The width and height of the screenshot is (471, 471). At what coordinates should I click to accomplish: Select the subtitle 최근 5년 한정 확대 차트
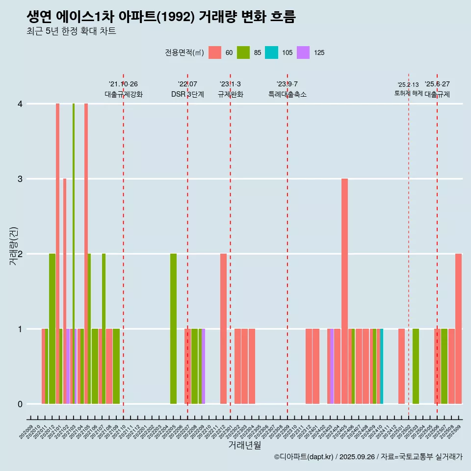(x=71, y=32)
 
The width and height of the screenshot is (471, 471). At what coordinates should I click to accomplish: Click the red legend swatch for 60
(x=215, y=52)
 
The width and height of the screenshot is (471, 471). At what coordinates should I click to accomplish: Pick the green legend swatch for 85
(x=243, y=52)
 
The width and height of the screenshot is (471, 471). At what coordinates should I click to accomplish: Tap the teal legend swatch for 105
(x=271, y=52)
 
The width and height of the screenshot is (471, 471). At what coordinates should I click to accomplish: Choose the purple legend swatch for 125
(x=303, y=52)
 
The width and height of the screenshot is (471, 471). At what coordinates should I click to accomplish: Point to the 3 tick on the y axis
(x=20, y=179)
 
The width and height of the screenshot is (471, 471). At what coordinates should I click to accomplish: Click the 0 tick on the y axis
(x=20, y=404)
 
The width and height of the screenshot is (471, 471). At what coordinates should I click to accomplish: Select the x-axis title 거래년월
(x=244, y=445)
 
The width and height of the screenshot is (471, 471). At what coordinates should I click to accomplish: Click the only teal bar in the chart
(x=382, y=366)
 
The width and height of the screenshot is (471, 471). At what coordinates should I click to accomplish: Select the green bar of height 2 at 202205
(x=173, y=329)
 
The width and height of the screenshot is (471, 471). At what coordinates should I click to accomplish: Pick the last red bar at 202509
(x=458, y=329)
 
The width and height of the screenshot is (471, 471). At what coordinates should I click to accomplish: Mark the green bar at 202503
(x=416, y=366)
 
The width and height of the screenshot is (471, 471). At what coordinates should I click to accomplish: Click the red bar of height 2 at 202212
(x=223, y=329)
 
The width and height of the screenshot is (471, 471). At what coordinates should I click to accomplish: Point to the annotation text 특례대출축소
(x=287, y=94)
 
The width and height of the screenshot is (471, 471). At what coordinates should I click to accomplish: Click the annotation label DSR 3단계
(x=187, y=94)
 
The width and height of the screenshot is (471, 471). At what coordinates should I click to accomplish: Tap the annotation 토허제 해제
(x=408, y=93)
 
